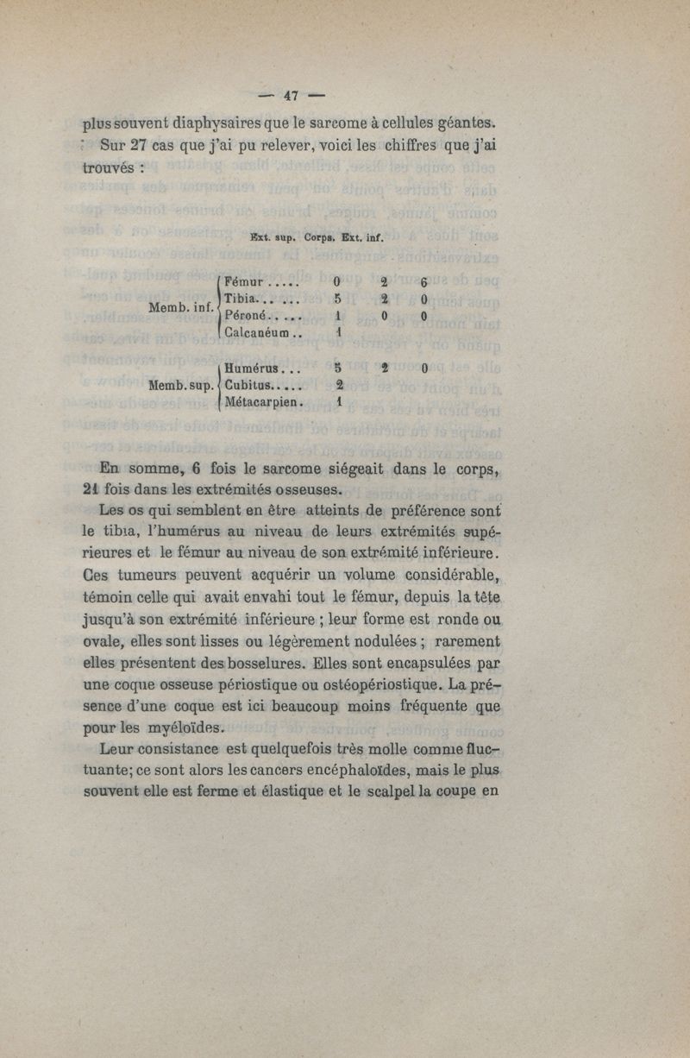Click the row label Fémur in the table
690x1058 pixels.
[x=244, y=281]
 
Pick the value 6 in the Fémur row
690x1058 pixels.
[x=424, y=282]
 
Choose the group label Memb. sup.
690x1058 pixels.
[x=182, y=385]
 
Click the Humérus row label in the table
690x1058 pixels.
[x=254, y=368]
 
